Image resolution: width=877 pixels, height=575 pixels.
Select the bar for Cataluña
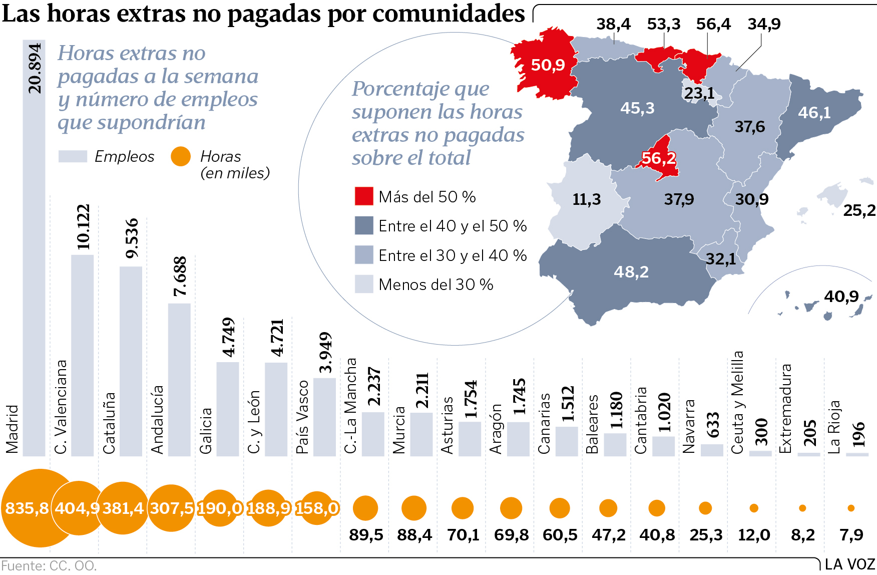(131, 361)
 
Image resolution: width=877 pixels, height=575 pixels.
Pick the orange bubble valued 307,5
(171, 508)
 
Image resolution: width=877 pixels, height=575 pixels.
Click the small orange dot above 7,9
(851, 508)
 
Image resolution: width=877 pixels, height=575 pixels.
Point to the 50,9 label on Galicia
(548, 65)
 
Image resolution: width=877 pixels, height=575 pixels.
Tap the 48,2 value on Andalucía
(631, 272)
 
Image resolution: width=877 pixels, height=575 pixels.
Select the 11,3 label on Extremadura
(586, 199)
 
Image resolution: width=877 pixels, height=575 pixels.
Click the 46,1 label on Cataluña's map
(814, 113)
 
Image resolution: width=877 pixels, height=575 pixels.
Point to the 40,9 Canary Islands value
(841, 297)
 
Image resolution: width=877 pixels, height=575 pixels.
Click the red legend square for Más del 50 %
(364, 196)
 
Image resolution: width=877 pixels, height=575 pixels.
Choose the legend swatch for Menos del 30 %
(364, 284)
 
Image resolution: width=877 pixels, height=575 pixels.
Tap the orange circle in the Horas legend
(181, 156)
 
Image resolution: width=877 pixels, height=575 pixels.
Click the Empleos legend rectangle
(73, 156)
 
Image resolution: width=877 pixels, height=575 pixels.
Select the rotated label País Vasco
(302, 417)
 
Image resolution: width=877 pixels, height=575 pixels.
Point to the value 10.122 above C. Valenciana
(83, 227)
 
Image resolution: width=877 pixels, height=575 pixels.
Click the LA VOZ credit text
(849, 564)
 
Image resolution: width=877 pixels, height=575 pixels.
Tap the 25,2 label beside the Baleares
(859, 211)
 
